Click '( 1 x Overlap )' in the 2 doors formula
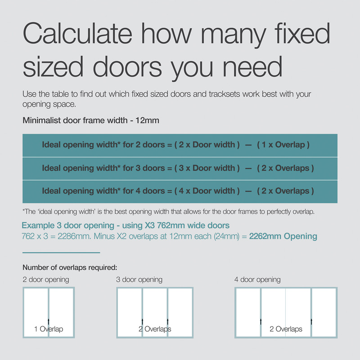pyautogui.click(x=283, y=145)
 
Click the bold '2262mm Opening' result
pyautogui.click(x=283, y=236)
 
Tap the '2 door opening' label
pyautogui.click(x=46, y=279)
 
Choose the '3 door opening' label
pyautogui.click(x=139, y=279)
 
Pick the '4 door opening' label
pyautogui.click(x=257, y=279)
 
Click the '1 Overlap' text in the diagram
pyautogui.click(x=49, y=329)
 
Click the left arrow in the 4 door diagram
pyautogui.click(x=261, y=321)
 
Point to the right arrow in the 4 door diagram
pyautogui.click(x=311, y=321)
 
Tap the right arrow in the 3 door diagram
pyautogui.click(x=167, y=321)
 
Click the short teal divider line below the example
pyautogui.click(x=61, y=252)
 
